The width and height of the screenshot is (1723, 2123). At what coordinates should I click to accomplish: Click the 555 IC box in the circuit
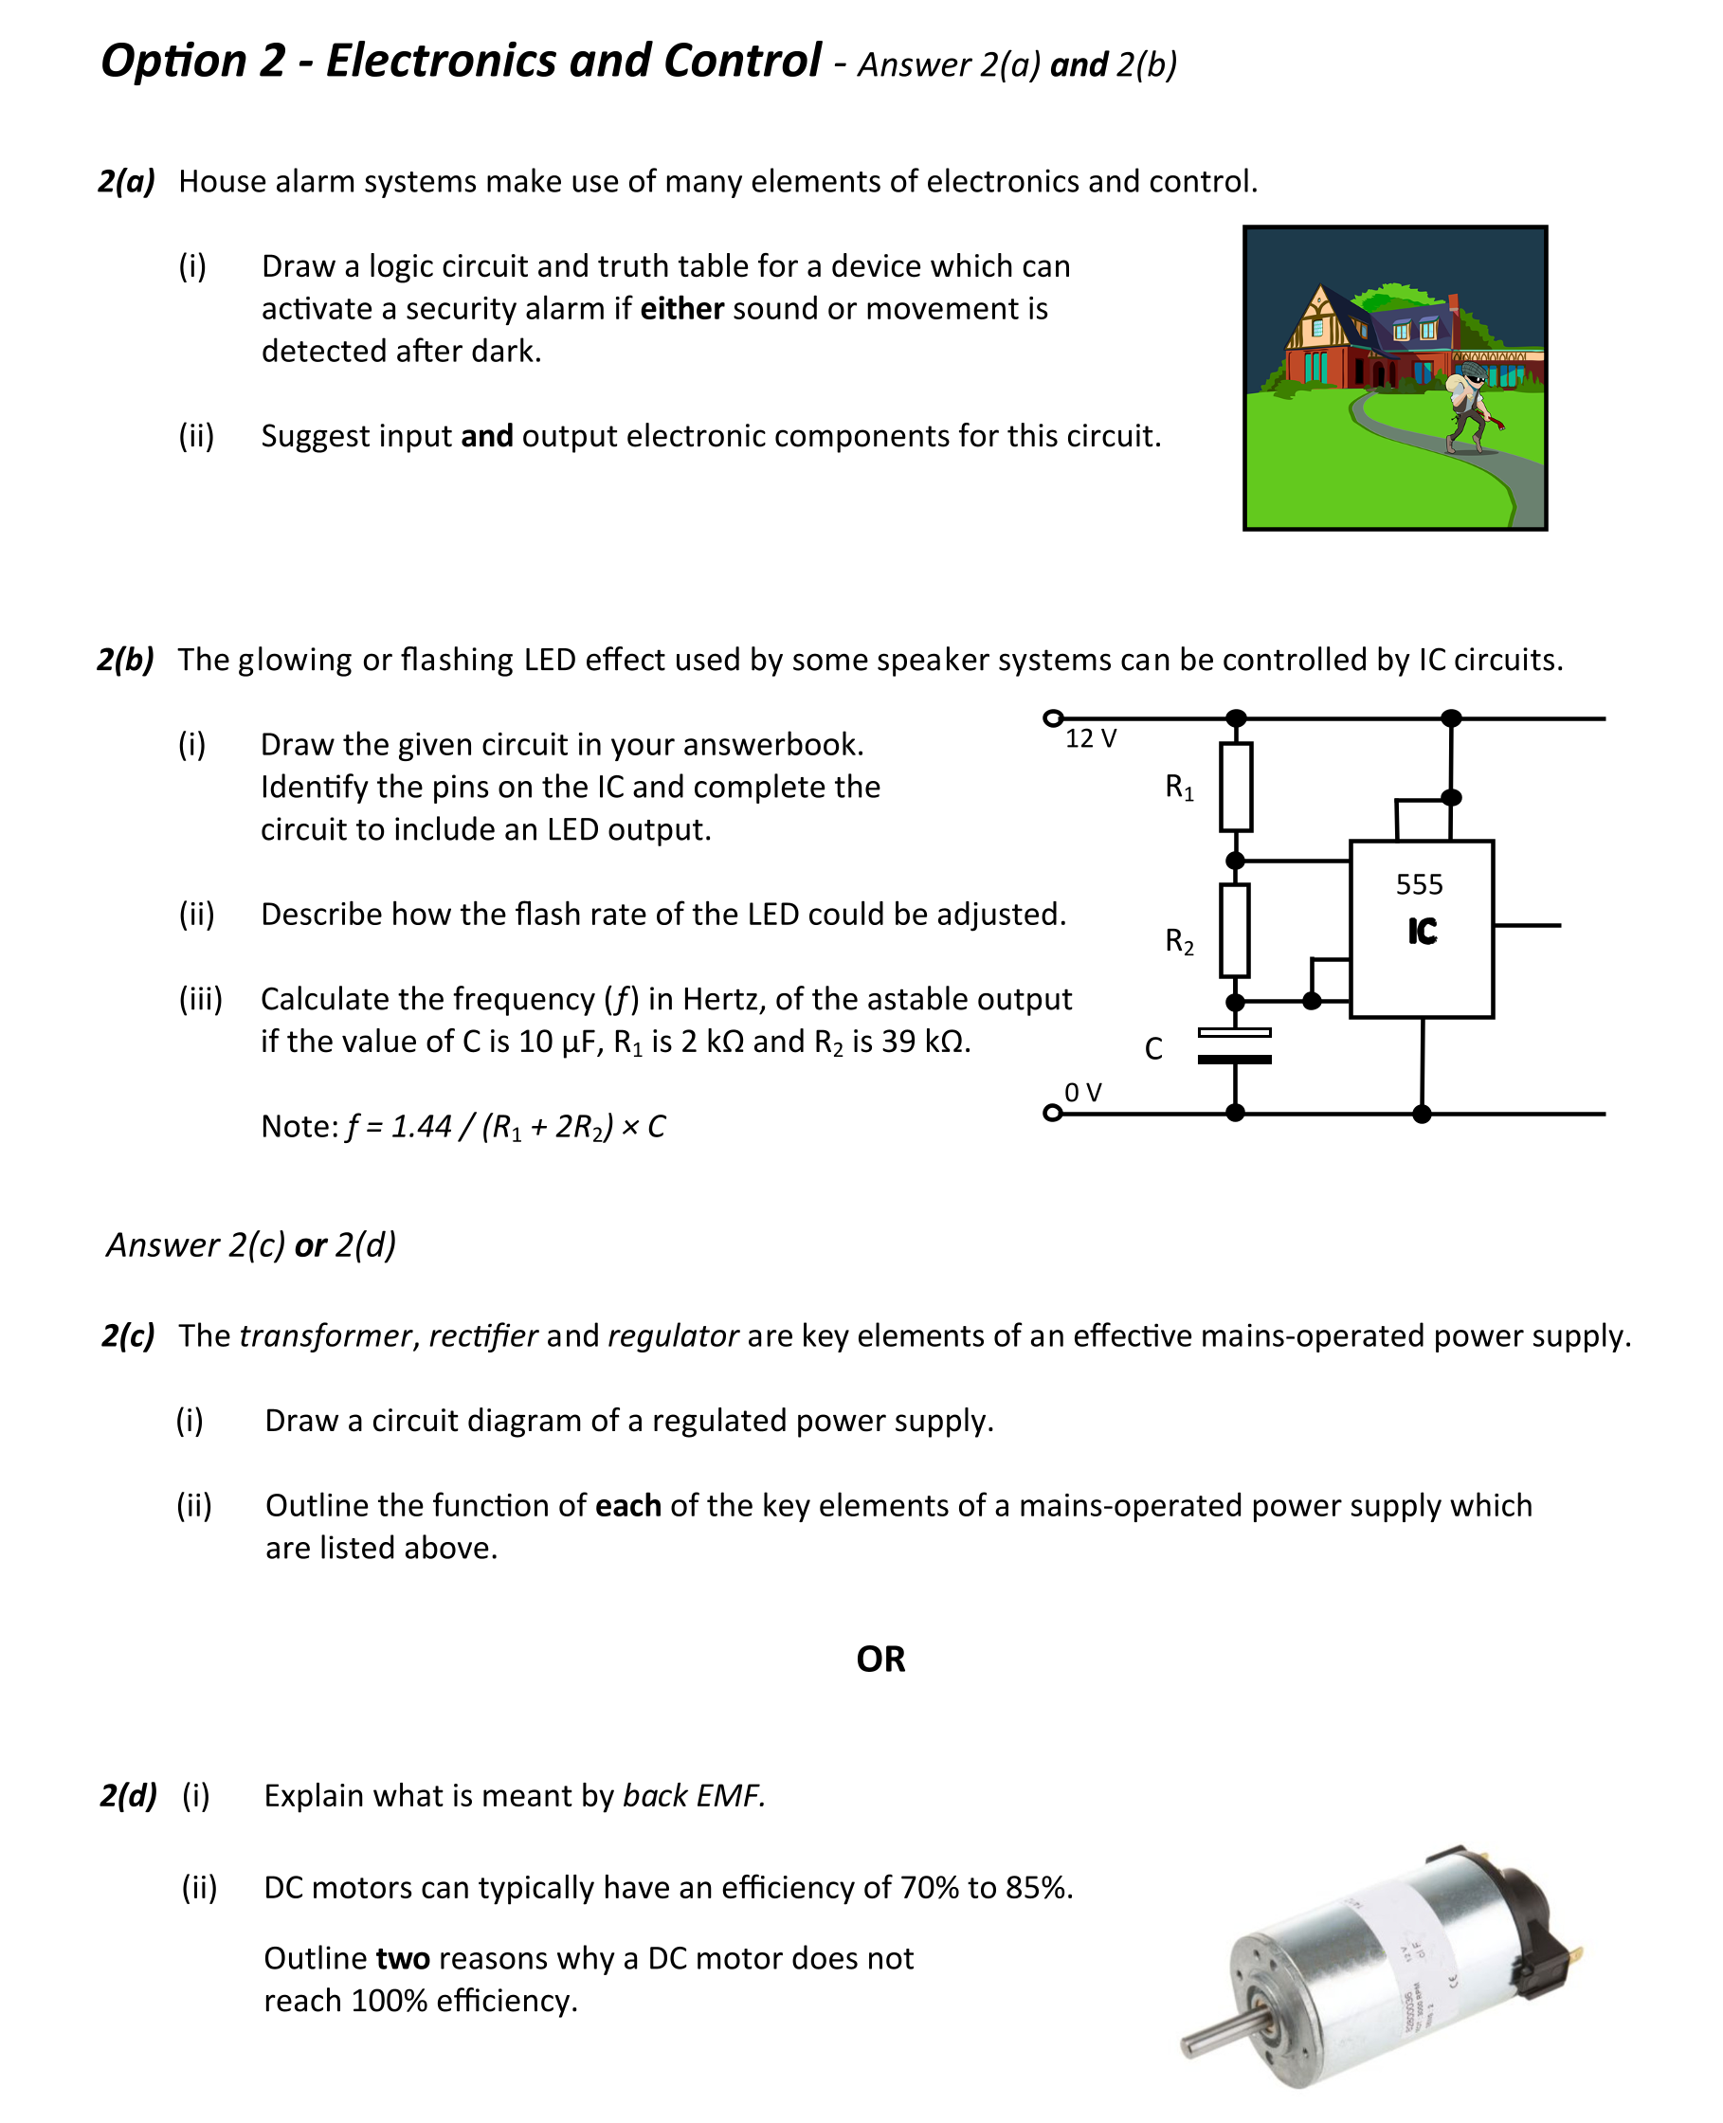1421,928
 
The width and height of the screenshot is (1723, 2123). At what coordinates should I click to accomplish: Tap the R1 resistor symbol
1235,786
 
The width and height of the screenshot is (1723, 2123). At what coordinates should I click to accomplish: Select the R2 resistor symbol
1234,930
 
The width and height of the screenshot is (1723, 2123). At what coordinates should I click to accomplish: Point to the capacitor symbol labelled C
1234,1046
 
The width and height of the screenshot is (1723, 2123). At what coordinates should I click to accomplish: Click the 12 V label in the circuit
1090,738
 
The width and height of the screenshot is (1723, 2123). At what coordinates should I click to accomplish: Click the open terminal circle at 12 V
1053,717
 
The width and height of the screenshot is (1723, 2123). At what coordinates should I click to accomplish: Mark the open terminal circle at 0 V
1052,1113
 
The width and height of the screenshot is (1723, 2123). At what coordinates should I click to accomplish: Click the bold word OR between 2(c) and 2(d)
880,1659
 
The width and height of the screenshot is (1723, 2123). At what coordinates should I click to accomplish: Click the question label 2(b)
125,659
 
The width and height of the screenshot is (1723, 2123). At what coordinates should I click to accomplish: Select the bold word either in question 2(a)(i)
680,309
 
